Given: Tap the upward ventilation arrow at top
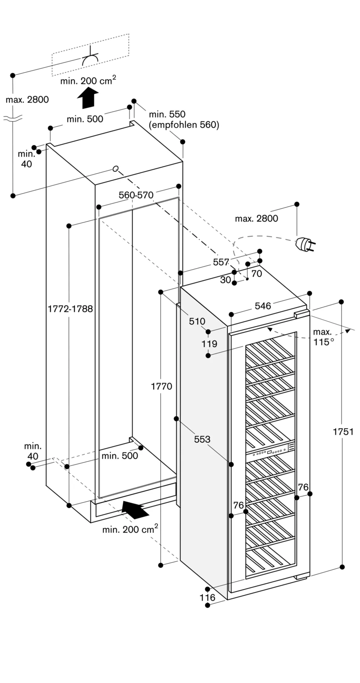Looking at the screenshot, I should [x=87, y=98].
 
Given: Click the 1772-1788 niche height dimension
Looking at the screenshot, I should [x=70, y=309].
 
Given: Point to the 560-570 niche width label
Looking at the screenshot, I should [x=136, y=195].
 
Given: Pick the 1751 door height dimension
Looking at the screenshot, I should [x=343, y=431].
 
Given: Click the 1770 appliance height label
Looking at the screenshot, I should [x=161, y=386].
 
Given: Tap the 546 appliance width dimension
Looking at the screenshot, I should [x=263, y=306].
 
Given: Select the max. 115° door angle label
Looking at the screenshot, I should [x=323, y=337].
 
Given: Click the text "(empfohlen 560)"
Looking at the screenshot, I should [x=184, y=125].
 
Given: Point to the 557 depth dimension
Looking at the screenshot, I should [x=221, y=262].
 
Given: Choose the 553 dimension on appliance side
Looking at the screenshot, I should [x=202, y=439].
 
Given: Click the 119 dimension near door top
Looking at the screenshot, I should [x=209, y=344].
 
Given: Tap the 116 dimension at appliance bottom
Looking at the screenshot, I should [x=207, y=597].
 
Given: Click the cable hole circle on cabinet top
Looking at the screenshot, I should [x=116, y=168].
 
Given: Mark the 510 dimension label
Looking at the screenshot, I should [x=197, y=321].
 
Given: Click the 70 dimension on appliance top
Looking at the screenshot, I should [x=256, y=273].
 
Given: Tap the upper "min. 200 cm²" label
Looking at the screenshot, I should [x=88, y=81].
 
